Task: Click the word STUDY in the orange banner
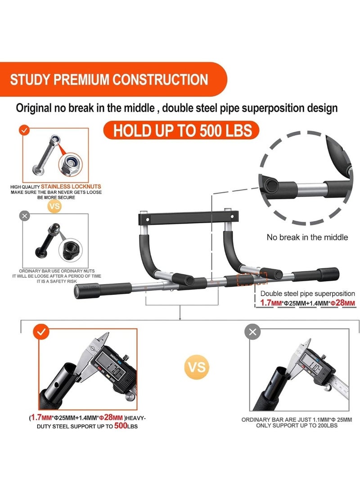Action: coord(29,80)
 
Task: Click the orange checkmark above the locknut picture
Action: coord(24,130)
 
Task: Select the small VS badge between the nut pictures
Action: coord(54,207)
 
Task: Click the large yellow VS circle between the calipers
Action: coord(197,367)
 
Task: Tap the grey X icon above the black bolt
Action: coord(24,216)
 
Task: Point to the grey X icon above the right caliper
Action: coord(252,332)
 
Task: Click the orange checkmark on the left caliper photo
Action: coord(41,332)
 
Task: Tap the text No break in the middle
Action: coord(307,237)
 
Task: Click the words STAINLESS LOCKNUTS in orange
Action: coord(71,186)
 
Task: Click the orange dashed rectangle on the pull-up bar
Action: coord(252,279)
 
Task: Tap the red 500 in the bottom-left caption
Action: coord(121,425)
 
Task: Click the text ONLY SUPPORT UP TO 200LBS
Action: coord(297,425)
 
